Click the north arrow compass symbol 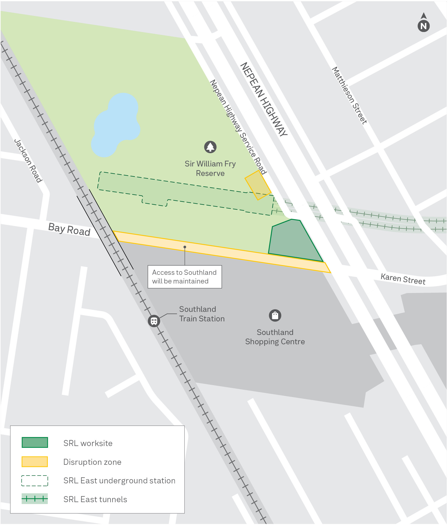pos(423,23)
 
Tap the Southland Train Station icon pos(154,321)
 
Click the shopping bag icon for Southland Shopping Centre pos(275,315)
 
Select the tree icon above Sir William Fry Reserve pos(210,147)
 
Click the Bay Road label pos(69,229)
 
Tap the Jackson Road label pos(28,161)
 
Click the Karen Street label pos(403,279)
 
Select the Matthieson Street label pos(349,96)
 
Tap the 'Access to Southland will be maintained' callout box pos(184,277)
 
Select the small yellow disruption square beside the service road pos(258,185)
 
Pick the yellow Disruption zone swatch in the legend pos(35,462)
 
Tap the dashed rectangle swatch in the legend pos(35,481)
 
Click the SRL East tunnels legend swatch pos(35,499)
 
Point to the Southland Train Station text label pos(202,314)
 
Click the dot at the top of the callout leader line pos(185,247)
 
